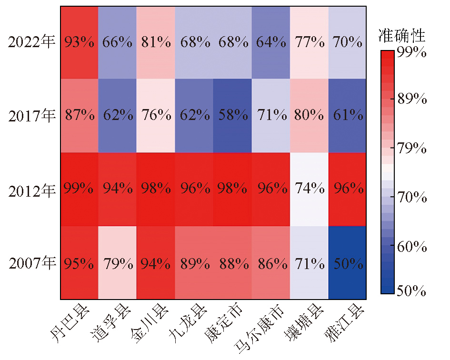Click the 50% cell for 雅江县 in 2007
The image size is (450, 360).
point(347,262)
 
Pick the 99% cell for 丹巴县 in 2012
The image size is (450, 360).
point(79,189)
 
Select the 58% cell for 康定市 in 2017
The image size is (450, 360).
point(232,116)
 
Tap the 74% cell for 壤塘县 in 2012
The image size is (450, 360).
point(309,189)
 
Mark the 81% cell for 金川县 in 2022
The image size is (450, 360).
point(156,42)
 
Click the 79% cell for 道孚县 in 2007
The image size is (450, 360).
point(117,262)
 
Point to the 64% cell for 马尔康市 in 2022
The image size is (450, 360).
point(270,42)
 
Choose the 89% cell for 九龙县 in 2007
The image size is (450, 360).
point(194,262)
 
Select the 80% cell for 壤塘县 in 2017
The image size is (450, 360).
point(309,116)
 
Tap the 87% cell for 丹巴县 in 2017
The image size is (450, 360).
point(79,116)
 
